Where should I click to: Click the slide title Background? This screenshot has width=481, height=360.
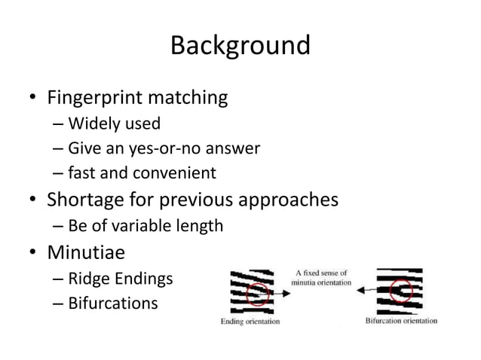pyautogui.click(x=240, y=45)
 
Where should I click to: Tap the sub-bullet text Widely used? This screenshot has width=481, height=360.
pyautogui.click(x=114, y=124)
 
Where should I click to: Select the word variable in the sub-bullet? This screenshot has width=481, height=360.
pyautogui.click(x=137, y=226)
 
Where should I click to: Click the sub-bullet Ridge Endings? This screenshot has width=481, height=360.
pyautogui.click(x=120, y=279)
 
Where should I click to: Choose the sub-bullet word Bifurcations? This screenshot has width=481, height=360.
pyautogui.click(x=113, y=304)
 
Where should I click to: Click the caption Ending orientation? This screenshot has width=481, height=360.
pyautogui.click(x=250, y=322)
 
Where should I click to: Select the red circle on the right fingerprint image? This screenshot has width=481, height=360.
pyautogui.click(x=401, y=289)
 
